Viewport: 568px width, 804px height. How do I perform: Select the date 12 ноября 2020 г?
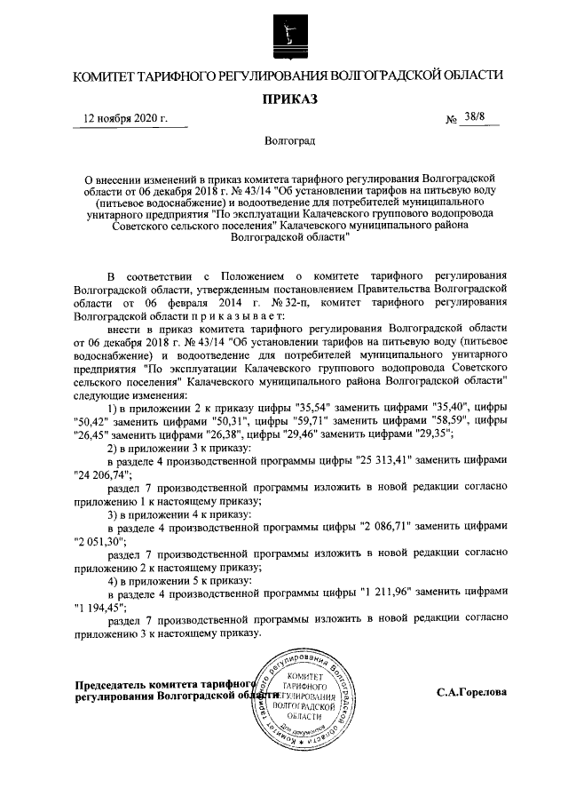tap(124, 120)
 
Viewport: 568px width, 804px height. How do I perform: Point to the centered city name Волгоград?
tap(286, 140)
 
